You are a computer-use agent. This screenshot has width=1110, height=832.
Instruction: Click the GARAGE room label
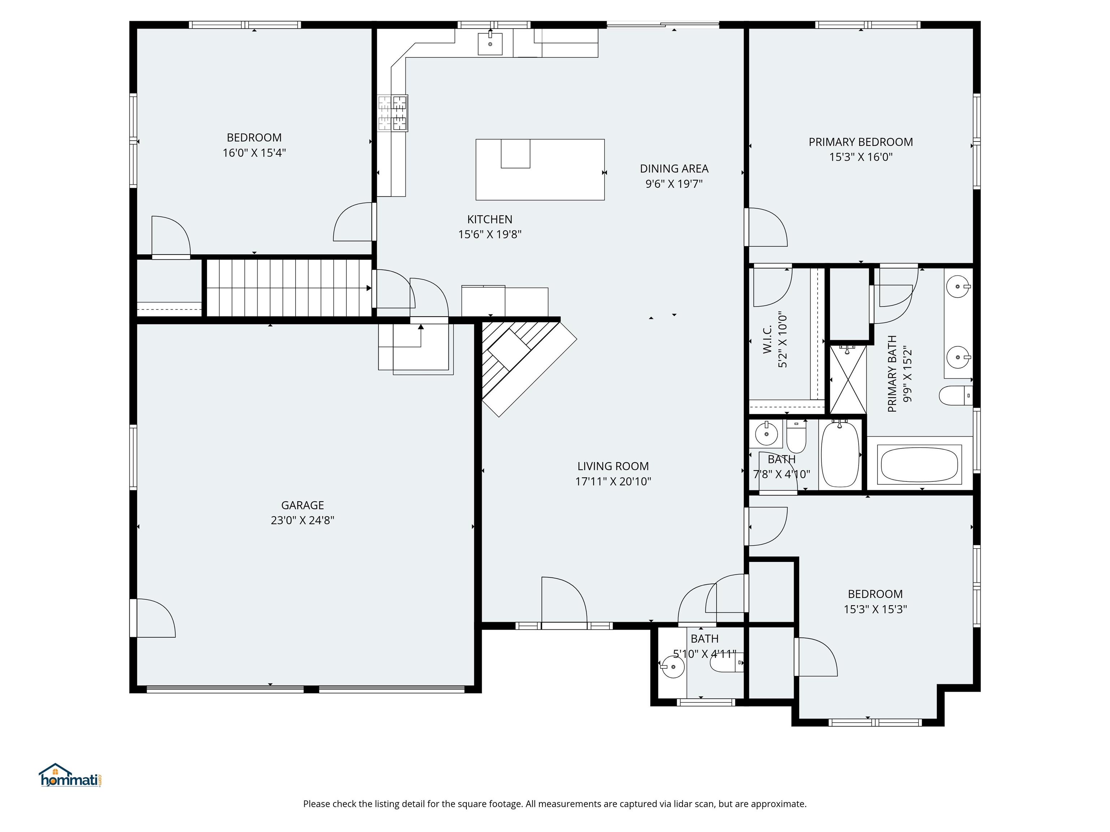click(x=302, y=505)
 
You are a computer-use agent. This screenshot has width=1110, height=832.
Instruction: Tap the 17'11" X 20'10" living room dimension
click(x=613, y=481)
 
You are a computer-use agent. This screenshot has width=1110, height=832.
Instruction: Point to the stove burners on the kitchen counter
click(x=392, y=113)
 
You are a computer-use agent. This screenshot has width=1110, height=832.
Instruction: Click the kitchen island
click(x=539, y=169)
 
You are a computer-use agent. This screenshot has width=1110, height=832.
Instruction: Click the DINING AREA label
click(x=674, y=169)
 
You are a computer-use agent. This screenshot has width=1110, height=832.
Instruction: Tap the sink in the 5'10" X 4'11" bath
click(x=672, y=667)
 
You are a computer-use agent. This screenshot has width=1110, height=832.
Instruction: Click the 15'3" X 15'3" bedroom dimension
click(x=875, y=609)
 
